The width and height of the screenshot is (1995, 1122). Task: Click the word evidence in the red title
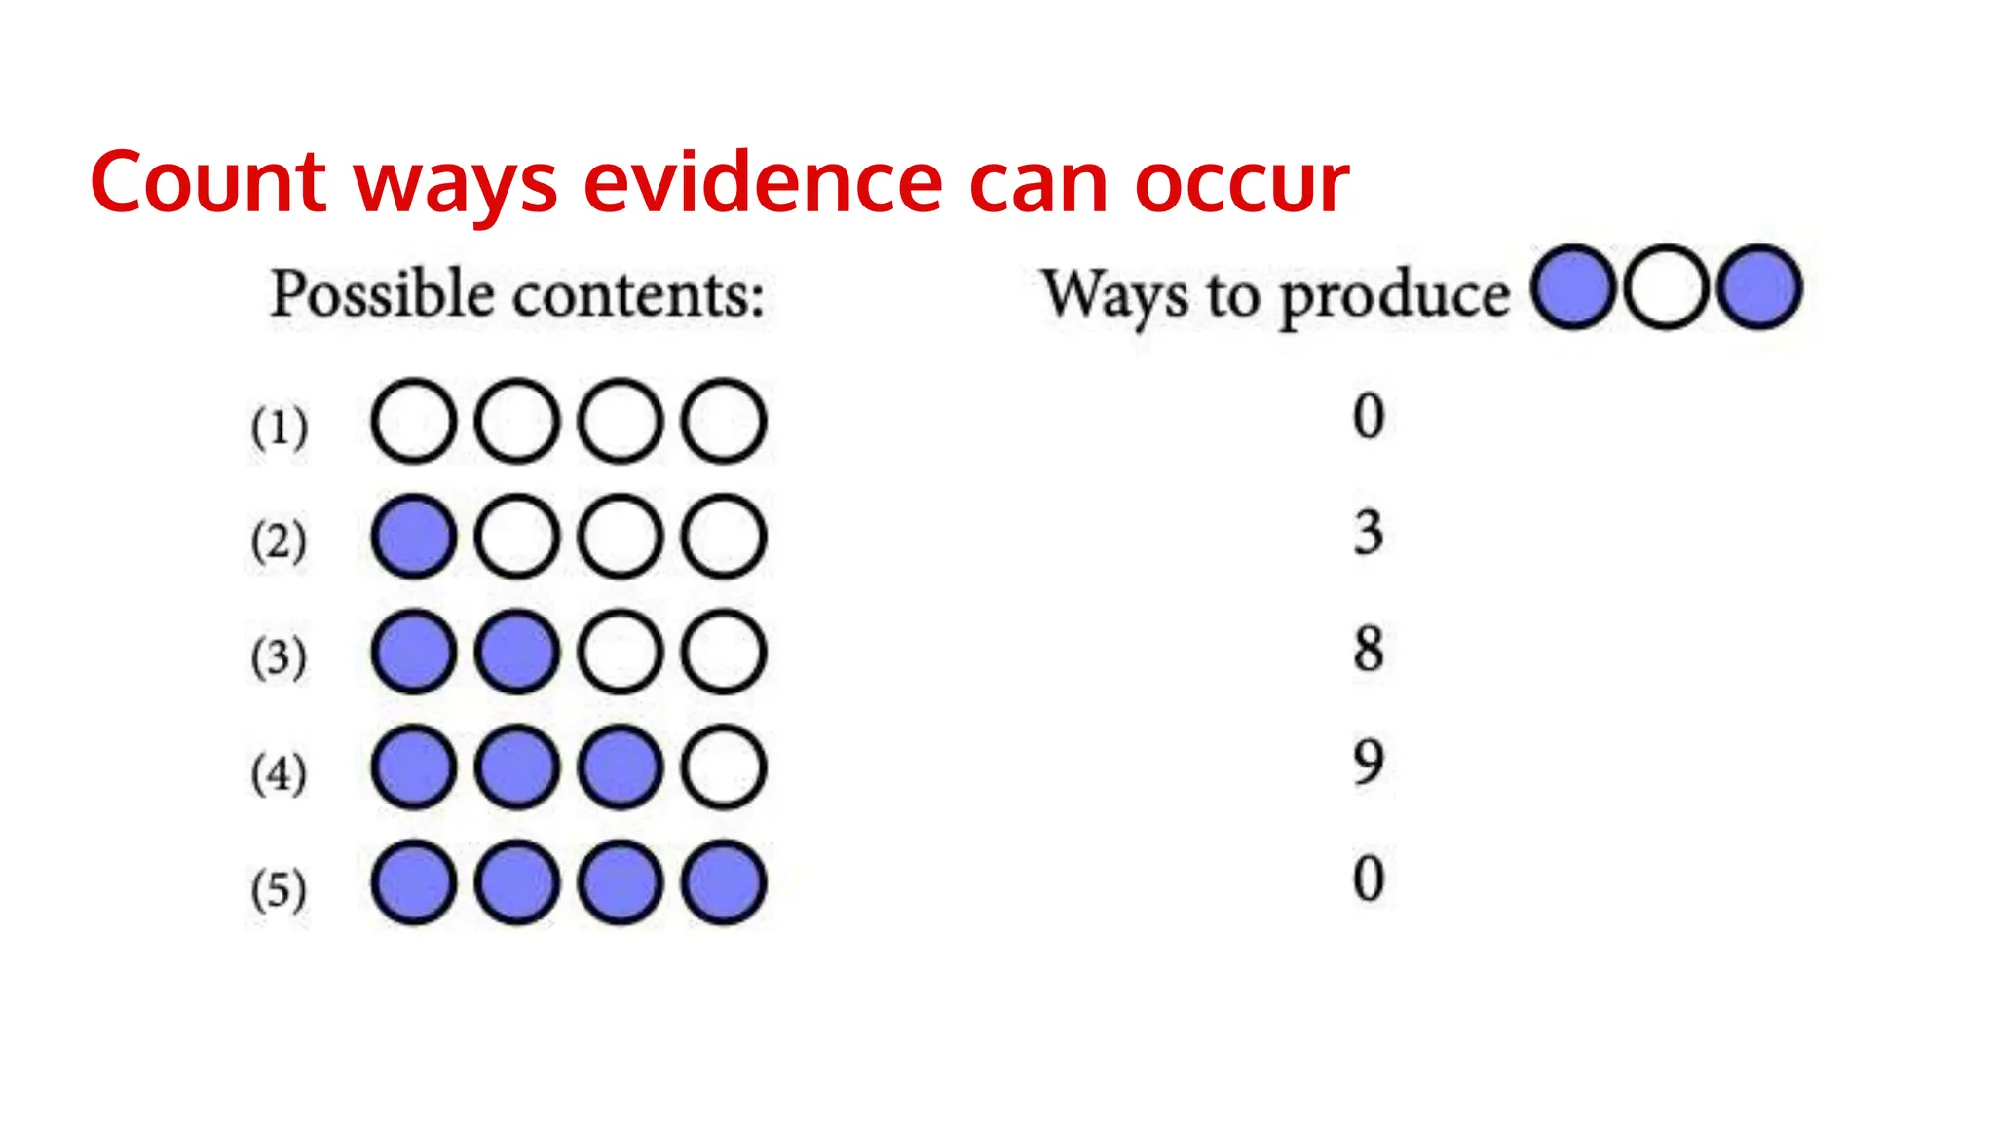(763, 182)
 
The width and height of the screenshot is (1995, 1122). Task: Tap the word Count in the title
(207, 182)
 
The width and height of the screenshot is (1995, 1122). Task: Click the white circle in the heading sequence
(1666, 287)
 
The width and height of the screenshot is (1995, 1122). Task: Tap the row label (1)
(280, 427)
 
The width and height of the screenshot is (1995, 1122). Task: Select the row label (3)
(280, 656)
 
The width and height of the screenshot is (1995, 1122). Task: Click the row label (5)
(280, 888)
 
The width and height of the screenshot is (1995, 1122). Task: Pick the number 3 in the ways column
(1369, 532)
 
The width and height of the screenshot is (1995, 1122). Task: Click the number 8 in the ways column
(1369, 648)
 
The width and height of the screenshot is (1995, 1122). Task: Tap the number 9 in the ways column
(1369, 763)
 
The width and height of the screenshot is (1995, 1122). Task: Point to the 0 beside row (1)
(1369, 416)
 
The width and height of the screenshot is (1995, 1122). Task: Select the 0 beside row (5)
(1369, 878)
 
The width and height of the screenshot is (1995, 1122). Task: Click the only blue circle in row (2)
(414, 537)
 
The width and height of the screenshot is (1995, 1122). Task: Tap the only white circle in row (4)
(724, 767)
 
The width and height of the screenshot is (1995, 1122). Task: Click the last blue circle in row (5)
(724, 882)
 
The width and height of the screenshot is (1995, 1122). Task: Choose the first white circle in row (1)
(414, 421)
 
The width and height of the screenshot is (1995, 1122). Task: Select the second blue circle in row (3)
(517, 652)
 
